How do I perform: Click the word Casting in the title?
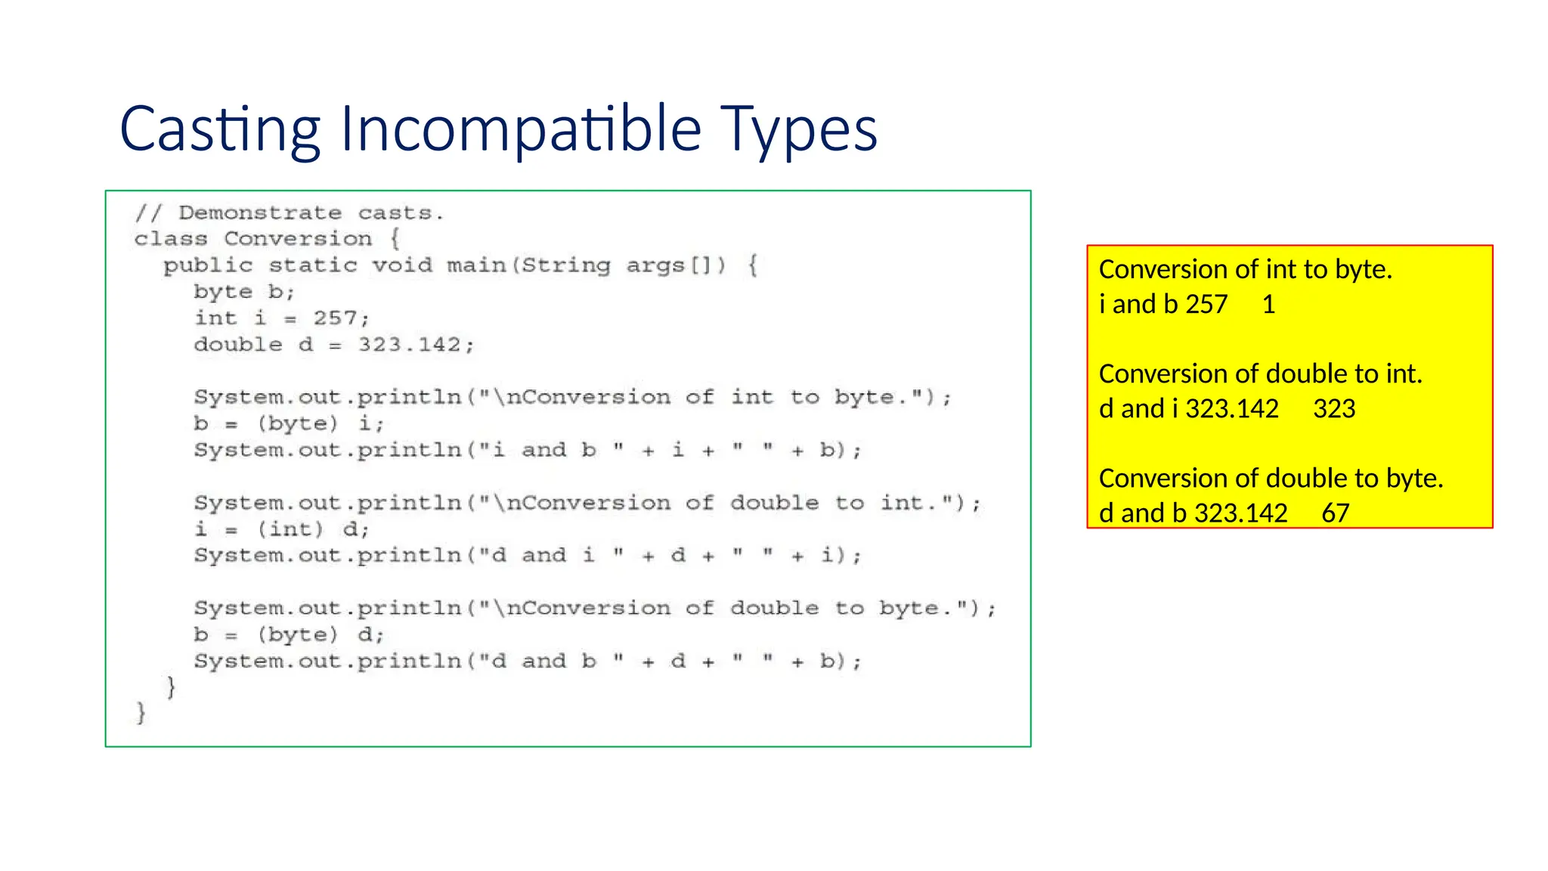(x=219, y=129)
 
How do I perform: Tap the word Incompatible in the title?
(x=521, y=129)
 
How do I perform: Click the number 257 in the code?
(x=336, y=318)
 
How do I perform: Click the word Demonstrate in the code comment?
(x=260, y=213)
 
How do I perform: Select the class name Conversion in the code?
(x=298, y=239)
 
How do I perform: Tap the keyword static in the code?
(x=312, y=265)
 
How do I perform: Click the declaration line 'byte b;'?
(x=243, y=292)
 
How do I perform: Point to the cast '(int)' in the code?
(x=290, y=529)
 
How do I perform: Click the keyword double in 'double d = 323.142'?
(x=238, y=345)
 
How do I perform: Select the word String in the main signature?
(x=565, y=265)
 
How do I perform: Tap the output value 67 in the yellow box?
(x=1336, y=513)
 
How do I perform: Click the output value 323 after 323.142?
(x=1334, y=409)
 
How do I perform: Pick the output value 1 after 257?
(x=1269, y=305)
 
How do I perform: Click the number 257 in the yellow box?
(x=1206, y=305)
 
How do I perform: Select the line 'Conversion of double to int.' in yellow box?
(x=1260, y=374)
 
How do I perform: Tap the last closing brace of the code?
(x=141, y=713)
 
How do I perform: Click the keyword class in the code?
(x=171, y=239)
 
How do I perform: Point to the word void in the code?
(x=402, y=265)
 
